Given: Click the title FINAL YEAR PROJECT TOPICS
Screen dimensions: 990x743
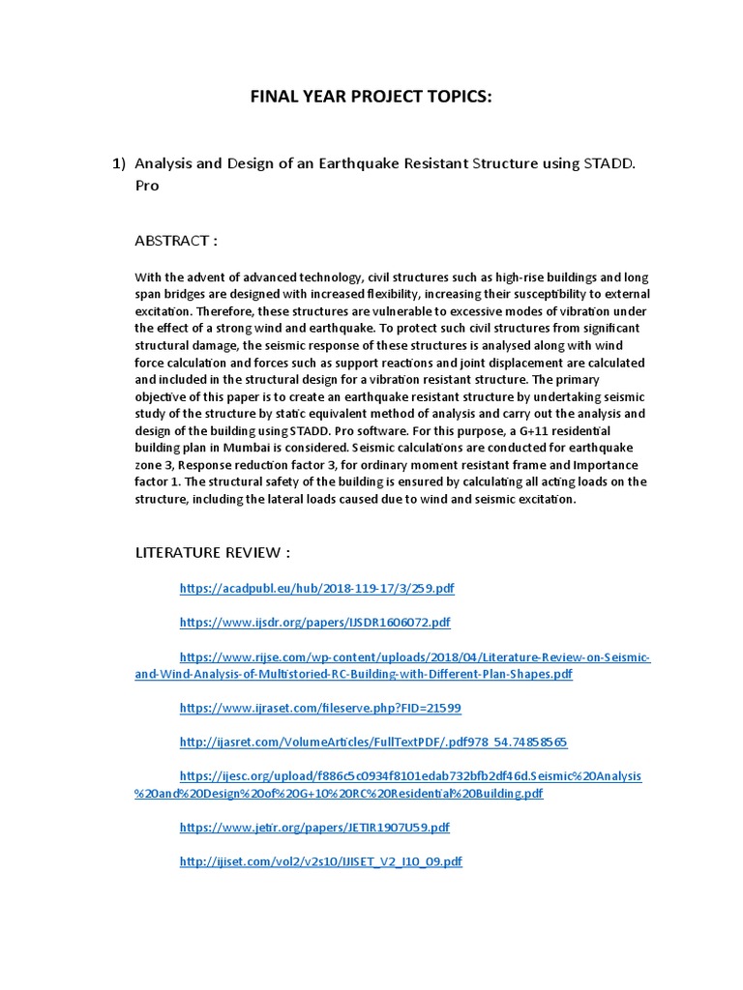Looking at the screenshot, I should point(371,98).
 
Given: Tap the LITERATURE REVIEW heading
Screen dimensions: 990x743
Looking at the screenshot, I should point(212,552).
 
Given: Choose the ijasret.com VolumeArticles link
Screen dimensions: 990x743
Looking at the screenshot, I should point(372,742).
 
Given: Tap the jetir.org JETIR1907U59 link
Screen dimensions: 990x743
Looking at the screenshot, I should point(314,828).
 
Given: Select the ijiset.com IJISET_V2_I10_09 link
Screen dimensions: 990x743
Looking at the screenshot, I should point(320,861).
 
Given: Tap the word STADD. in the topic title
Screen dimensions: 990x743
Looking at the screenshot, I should point(609,163).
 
